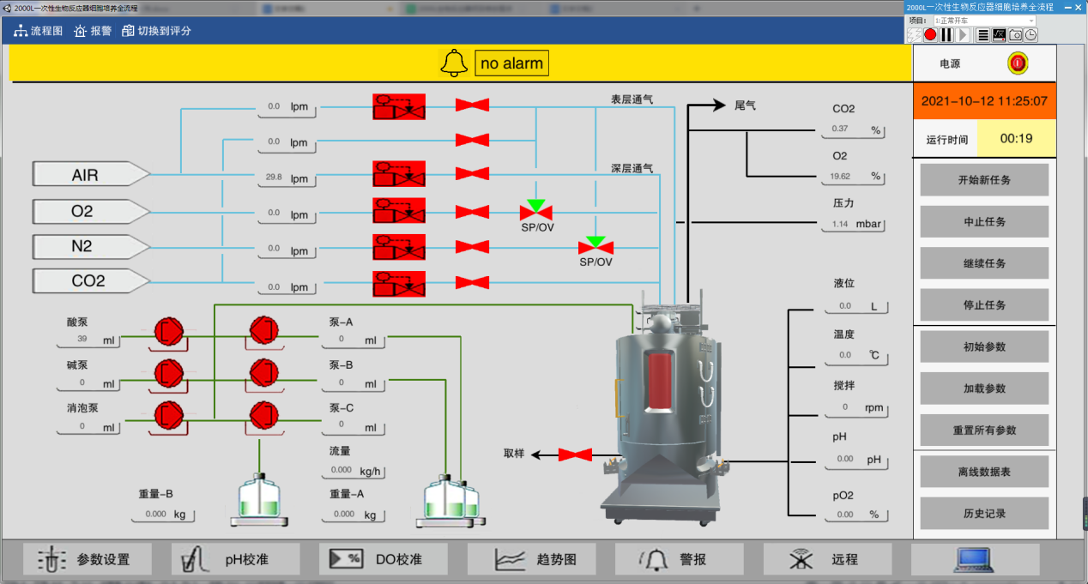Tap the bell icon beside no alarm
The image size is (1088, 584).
tap(454, 63)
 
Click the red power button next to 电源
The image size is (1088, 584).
tap(1018, 63)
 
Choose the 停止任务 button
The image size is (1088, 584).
tap(984, 304)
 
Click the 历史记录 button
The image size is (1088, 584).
tap(984, 514)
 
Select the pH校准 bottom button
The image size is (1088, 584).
tap(235, 559)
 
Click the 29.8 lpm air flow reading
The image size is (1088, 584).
tap(287, 178)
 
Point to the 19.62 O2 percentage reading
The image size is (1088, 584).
tap(853, 177)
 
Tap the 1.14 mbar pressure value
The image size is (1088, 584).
tap(853, 225)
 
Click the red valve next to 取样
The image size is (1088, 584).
tap(575, 455)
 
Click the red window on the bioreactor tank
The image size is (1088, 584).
tap(659, 381)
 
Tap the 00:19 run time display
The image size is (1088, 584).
tap(1016, 138)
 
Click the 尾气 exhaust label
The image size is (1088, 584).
tap(745, 106)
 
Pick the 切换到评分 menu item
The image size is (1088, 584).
tap(157, 31)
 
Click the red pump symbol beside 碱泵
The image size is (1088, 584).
tap(168, 372)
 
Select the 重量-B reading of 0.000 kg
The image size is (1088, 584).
tap(163, 515)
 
